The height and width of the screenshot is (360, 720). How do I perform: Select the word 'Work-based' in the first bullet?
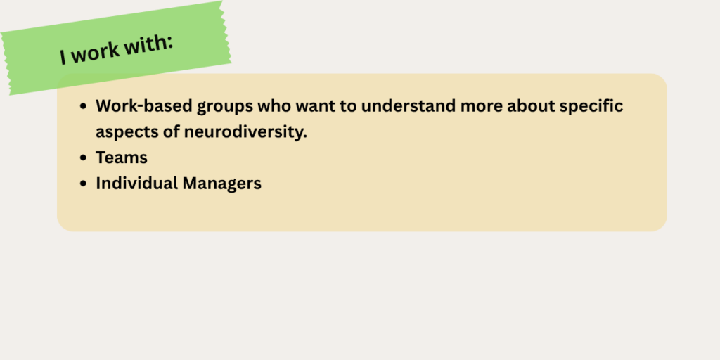[143, 105]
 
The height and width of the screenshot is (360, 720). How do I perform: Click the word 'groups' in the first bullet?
[225, 107]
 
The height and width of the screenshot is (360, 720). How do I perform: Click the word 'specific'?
[591, 107]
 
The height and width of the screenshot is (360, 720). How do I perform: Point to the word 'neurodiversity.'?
[245, 132]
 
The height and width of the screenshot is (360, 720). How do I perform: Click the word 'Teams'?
[122, 157]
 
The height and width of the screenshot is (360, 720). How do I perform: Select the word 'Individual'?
[136, 184]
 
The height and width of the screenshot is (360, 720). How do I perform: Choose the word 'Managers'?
[221, 184]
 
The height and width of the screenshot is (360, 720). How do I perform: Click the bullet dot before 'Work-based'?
[83, 106]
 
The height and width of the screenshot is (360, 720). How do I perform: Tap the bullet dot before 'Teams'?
[83, 157]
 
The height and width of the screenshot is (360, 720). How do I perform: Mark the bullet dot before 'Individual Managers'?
[83, 184]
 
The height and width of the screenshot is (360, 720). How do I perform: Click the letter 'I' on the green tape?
[63, 58]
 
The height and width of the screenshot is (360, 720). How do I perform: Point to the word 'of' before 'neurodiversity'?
[172, 132]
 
